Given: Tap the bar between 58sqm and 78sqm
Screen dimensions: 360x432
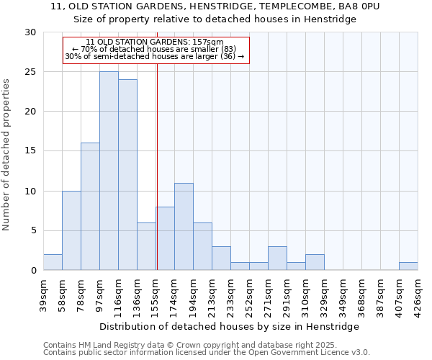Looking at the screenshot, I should (x=71, y=230).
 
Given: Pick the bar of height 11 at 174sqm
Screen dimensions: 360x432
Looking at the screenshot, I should (x=184, y=227).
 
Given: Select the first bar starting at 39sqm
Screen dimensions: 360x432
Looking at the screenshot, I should (x=53, y=262).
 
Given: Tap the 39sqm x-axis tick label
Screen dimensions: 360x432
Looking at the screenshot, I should (x=43, y=292).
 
